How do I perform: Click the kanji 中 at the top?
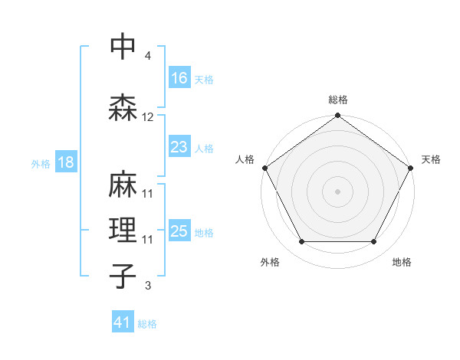123,47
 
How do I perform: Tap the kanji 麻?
123,185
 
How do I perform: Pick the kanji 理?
123,231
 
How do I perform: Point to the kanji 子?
123,277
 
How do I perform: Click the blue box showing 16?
179,78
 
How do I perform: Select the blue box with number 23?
179,147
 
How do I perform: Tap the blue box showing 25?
179,231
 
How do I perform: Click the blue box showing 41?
123,322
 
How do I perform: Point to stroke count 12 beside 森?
148,117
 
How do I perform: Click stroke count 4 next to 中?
148,56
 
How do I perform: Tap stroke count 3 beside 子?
148,286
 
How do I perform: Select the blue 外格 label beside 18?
41,163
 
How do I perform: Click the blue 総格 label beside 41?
147,323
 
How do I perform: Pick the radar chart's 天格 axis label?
432,159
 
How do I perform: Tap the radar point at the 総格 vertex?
337,116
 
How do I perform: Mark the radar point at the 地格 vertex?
374,242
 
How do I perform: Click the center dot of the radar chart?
337,191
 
